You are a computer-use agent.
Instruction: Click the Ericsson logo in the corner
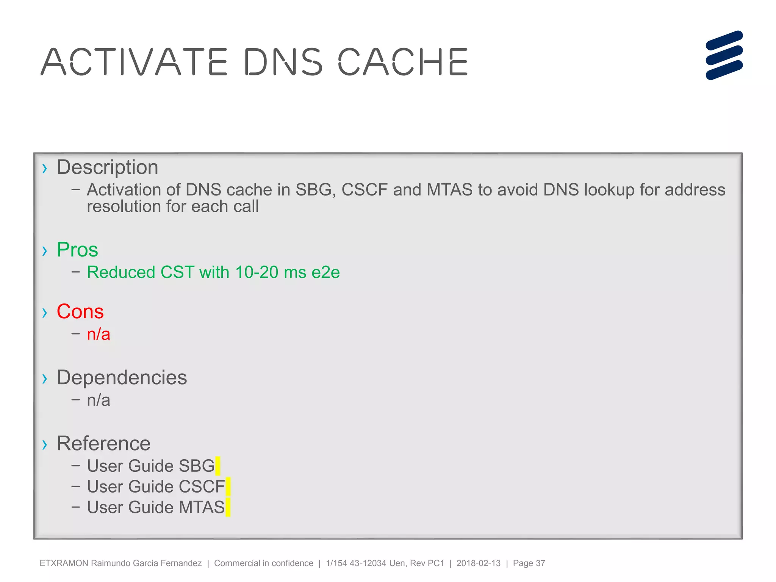[724, 55]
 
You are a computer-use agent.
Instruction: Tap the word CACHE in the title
[403, 62]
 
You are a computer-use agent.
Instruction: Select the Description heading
[107, 167]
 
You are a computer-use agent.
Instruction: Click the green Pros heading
[77, 250]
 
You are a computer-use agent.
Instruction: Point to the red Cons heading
[80, 311]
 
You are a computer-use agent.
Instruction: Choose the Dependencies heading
[122, 377]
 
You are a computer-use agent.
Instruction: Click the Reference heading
[103, 443]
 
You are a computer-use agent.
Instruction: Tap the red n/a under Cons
[99, 334]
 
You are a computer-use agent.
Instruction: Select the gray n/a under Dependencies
[99, 400]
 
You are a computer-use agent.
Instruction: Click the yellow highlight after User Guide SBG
[217, 466]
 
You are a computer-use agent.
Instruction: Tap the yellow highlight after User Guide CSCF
[228, 487]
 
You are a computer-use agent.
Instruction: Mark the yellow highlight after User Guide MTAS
[228, 507]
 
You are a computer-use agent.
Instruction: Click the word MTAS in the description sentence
[449, 189]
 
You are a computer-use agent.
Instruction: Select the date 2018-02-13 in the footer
[478, 563]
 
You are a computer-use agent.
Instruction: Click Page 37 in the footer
[529, 563]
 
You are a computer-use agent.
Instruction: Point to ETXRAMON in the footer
[64, 563]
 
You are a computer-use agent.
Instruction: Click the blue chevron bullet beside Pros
[45, 251]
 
